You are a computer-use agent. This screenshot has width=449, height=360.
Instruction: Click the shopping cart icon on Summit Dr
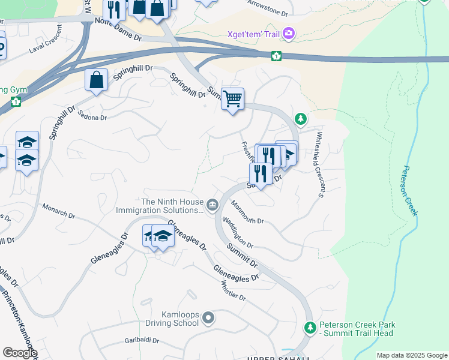(232, 98)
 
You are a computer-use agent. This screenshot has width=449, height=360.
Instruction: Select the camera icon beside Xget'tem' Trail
(289, 33)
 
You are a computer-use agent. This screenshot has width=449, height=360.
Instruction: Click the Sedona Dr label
(92, 118)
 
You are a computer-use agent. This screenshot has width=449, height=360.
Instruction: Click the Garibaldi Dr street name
(142, 340)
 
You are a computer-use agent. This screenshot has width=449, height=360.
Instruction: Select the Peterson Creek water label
(411, 191)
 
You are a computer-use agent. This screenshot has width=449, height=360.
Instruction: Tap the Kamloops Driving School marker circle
(208, 317)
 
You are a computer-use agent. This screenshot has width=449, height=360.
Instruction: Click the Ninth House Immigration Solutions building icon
(212, 205)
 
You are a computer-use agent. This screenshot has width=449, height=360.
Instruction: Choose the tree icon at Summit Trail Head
(310, 328)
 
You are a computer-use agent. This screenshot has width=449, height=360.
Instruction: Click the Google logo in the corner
(20, 353)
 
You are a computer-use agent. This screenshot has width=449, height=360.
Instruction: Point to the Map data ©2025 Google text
(412, 355)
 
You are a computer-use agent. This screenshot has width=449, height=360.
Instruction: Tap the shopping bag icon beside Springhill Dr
(97, 80)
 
